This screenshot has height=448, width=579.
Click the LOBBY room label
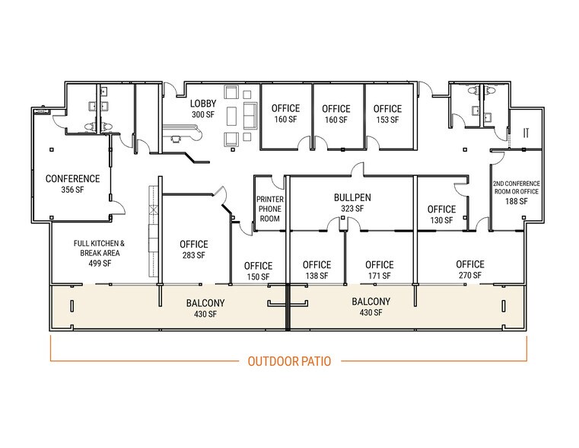(x=203, y=104)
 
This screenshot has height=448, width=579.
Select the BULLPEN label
(x=352, y=197)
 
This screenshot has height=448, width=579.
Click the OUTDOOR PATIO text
(x=289, y=361)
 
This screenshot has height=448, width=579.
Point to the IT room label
(x=526, y=133)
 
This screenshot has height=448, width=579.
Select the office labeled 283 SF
(x=193, y=249)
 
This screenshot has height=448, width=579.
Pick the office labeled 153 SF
(x=387, y=114)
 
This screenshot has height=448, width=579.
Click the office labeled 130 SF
(x=441, y=214)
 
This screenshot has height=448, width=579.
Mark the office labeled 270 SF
(x=470, y=270)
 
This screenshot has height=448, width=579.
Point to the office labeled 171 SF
(x=379, y=270)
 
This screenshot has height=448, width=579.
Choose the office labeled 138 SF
(x=317, y=270)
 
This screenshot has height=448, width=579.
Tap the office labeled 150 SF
(x=258, y=270)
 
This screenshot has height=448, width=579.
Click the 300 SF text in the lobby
(x=203, y=115)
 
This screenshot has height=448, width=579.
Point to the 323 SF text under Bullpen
(x=352, y=208)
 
